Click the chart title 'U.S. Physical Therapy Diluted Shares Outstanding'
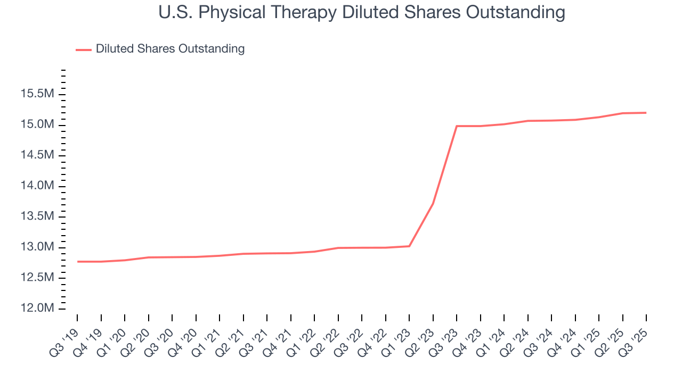[362, 12]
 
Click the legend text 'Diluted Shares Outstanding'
[170, 49]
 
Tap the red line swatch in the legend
[84, 49]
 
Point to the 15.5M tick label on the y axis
[37, 94]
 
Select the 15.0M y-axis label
[37, 124]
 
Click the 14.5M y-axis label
[37, 155]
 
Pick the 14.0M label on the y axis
[37, 186]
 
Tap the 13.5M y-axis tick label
[37, 217]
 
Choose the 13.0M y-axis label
[37, 247]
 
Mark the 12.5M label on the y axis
[37, 278]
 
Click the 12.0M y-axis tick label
[37, 309]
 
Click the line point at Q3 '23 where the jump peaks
[457, 126]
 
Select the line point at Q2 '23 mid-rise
[433, 203]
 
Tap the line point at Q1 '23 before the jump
[409, 246]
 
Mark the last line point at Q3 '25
[646, 113]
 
